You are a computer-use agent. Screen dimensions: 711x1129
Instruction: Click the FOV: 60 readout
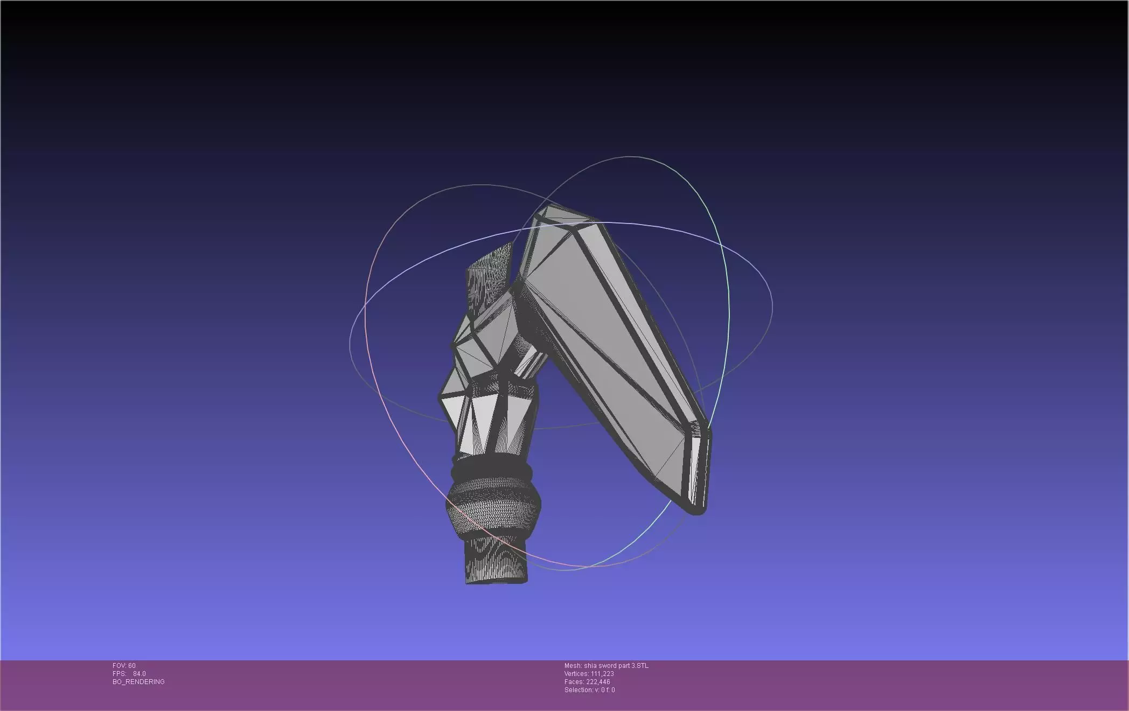(124, 666)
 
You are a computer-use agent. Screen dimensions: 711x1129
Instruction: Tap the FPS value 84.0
(139, 674)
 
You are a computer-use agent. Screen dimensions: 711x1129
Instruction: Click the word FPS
(119, 674)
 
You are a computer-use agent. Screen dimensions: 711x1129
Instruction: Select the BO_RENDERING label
(138, 682)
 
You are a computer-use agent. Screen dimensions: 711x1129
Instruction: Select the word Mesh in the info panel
(573, 666)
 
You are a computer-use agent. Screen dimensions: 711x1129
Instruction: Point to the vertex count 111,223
(602, 674)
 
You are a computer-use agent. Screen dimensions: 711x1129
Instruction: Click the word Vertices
(576, 674)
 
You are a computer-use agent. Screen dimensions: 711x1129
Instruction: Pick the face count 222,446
(598, 682)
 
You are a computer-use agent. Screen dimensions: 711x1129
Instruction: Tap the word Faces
(574, 682)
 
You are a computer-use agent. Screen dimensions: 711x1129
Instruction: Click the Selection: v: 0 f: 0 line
(589, 690)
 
